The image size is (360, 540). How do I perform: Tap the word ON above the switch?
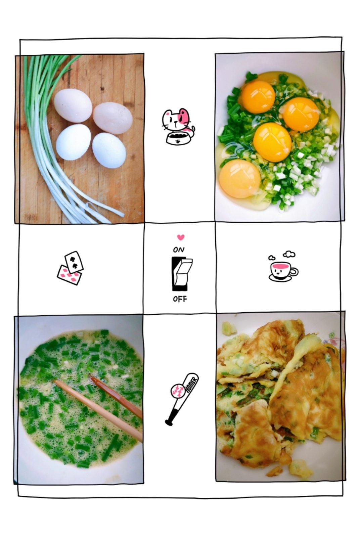click(x=179, y=250)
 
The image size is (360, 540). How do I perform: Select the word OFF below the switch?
click(x=180, y=299)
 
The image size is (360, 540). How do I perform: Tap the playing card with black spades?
click(x=74, y=262)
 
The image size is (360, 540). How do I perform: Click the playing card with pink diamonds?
click(x=69, y=275)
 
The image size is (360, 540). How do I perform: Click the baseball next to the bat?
click(x=178, y=392)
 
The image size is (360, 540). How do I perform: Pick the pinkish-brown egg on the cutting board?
click(x=113, y=118)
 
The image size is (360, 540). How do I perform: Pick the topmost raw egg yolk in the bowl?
click(x=258, y=97)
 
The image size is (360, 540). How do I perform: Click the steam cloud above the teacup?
click(x=289, y=254)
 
